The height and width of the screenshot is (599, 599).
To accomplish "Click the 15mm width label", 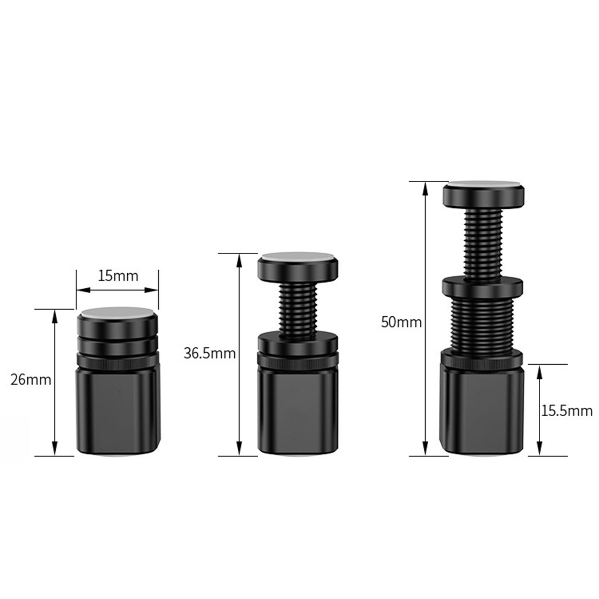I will point(118,276).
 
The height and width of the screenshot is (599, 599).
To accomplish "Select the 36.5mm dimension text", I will point(209,353).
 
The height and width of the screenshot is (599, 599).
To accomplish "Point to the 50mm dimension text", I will point(401,322).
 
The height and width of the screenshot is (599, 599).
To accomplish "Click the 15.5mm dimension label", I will point(567,411).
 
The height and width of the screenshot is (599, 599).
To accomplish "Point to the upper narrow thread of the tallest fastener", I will point(483,243).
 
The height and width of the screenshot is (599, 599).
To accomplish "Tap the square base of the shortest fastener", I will point(118,410).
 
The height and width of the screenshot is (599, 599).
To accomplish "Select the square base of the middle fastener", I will point(298,410).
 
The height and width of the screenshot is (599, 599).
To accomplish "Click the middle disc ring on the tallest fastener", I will point(483,288).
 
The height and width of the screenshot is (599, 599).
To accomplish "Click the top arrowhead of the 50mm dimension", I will point(425,189).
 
